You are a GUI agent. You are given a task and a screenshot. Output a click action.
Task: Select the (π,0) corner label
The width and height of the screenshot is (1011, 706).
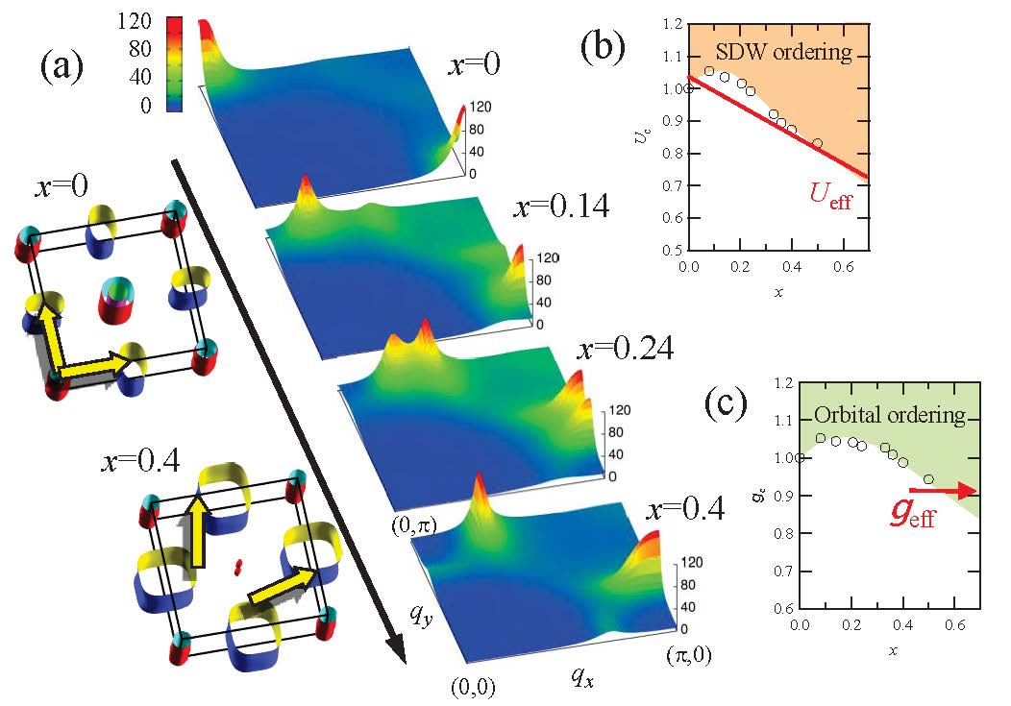pyautogui.click(x=686, y=655)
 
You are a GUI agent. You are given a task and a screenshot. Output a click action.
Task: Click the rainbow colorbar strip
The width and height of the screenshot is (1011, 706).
pyautogui.click(x=175, y=64)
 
